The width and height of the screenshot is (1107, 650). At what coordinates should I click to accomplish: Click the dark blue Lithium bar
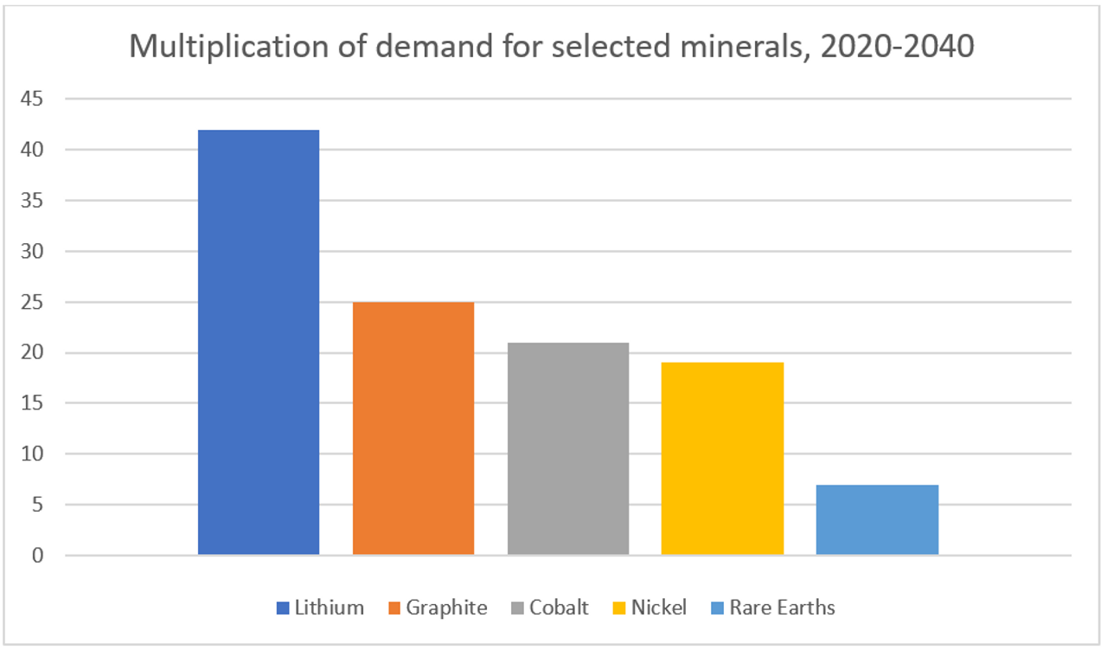(x=259, y=342)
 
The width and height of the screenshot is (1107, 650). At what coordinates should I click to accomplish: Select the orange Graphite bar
(x=413, y=428)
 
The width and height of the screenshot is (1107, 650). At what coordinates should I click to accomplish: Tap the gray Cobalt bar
(x=568, y=448)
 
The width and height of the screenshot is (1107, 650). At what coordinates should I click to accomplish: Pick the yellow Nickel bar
(x=722, y=458)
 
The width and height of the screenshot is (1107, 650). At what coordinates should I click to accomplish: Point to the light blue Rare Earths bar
(x=877, y=519)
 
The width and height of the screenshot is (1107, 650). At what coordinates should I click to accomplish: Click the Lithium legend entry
(x=320, y=608)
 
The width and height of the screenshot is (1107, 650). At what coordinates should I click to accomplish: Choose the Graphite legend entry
(x=437, y=608)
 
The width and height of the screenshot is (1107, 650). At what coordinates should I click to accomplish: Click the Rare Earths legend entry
(x=771, y=608)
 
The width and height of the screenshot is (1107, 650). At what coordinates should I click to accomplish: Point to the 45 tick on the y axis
(x=32, y=100)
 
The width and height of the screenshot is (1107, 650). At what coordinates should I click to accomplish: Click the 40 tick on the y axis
(x=32, y=151)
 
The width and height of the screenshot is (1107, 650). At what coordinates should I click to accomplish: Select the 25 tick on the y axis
(x=32, y=302)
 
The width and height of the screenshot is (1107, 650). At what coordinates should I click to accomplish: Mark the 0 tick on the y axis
(x=37, y=555)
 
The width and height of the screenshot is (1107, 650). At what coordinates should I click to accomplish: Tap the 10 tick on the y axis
(x=32, y=454)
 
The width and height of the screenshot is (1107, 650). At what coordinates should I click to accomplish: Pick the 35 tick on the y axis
(x=32, y=201)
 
